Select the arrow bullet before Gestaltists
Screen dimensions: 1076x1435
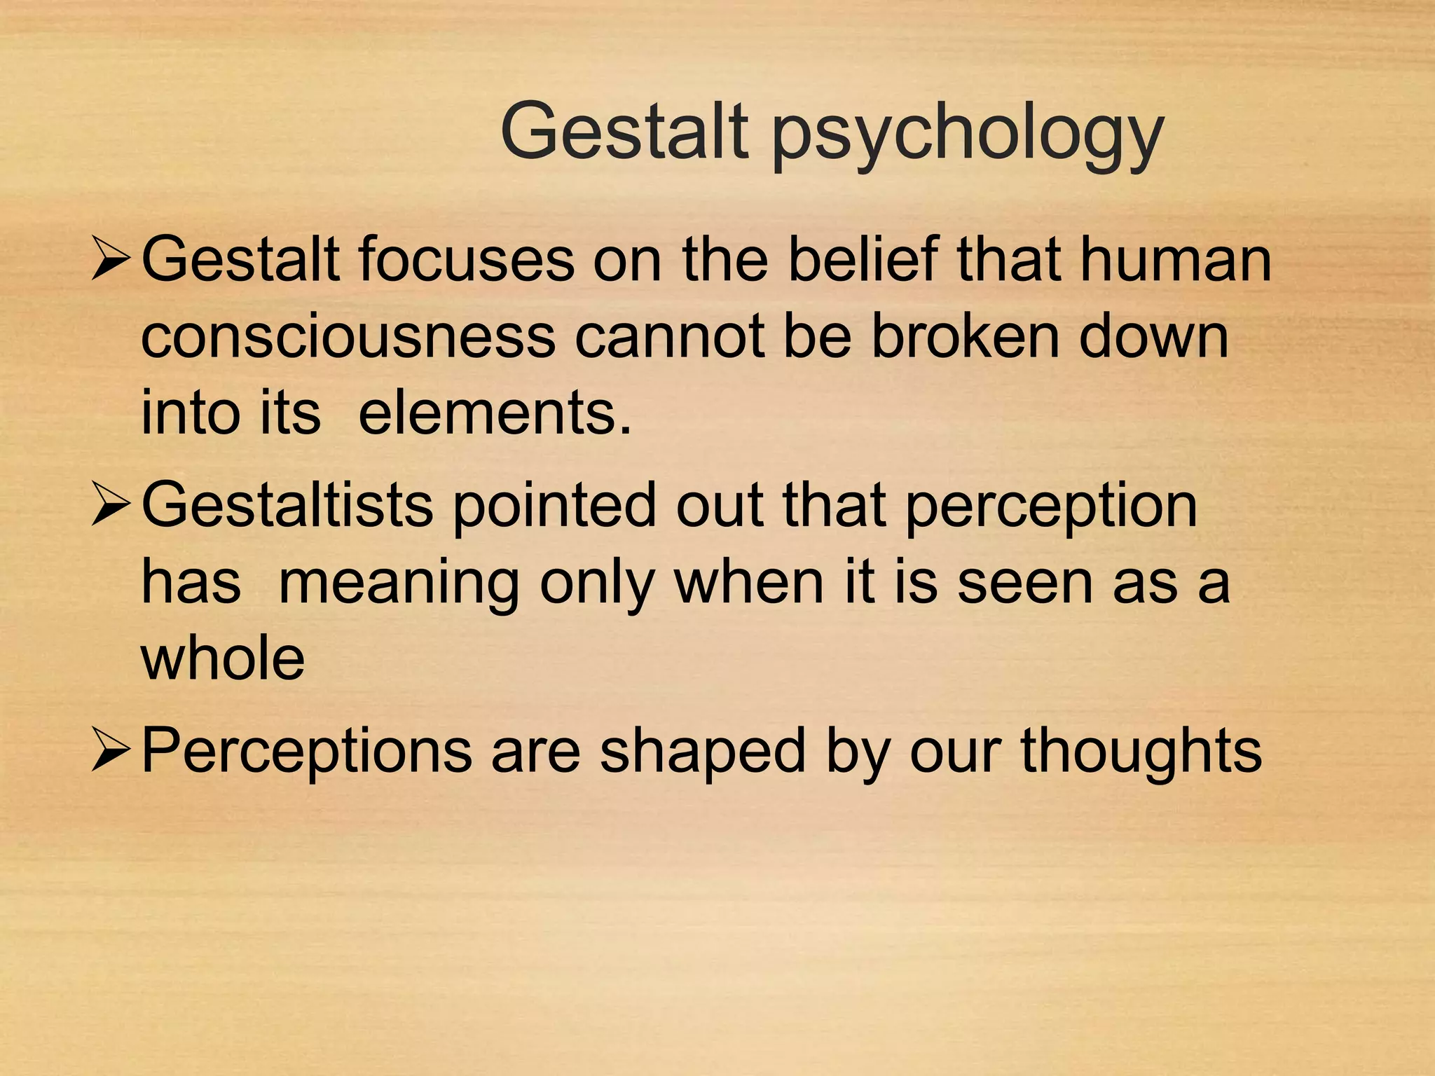click(x=111, y=506)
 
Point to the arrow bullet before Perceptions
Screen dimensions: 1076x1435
click(x=111, y=751)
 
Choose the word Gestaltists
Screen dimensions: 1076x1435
click(x=287, y=506)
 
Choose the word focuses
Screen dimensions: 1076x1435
click(x=467, y=259)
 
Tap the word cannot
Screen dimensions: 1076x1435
click(x=669, y=338)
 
